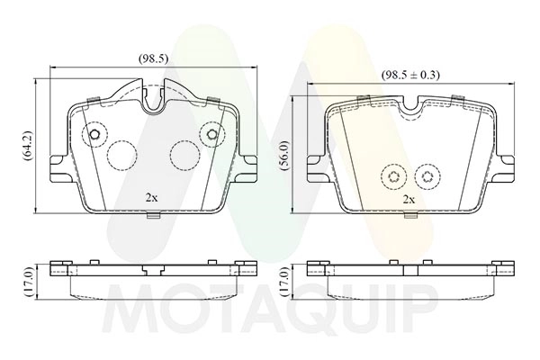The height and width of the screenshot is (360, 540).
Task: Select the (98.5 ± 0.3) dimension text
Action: pos(409,75)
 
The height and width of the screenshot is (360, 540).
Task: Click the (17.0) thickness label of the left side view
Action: pos(28,283)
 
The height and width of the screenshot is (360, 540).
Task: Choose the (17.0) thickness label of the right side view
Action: pos(284,283)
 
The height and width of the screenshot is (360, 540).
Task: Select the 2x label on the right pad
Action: pos(409,199)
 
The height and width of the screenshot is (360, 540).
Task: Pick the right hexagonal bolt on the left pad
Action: pos(211,136)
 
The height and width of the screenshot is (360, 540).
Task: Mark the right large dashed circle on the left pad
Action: pos(184,155)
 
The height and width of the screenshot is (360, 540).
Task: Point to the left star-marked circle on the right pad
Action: pos(391,176)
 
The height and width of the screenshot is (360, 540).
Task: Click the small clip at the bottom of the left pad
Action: pos(153,214)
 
